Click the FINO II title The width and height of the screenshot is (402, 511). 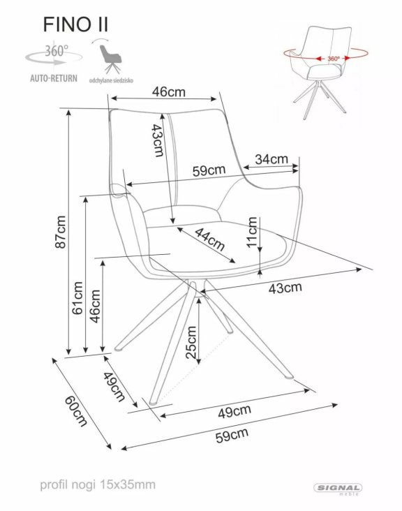[x=75, y=24]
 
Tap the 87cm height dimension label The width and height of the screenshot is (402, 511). [x=61, y=232]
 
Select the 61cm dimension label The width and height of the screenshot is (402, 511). [x=78, y=298]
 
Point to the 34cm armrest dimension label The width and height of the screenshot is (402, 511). [x=271, y=159]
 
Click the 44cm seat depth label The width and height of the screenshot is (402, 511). [x=210, y=239]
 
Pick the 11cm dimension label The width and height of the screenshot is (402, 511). [x=252, y=232]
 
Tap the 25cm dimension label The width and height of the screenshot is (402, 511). [x=191, y=343]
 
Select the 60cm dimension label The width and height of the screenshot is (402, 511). [x=76, y=411]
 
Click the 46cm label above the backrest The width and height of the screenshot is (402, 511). [x=168, y=91]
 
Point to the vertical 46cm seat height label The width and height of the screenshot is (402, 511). [x=95, y=306]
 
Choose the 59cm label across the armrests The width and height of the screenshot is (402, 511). [x=209, y=170]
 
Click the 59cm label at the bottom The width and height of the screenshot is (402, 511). [x=232, y=435]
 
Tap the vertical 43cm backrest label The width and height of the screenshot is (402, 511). [x=157, y=140]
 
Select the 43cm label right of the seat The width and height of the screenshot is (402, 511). [x=285, y=288]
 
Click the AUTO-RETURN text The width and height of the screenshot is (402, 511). [x=54, y=79]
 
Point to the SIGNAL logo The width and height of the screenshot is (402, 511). [x=338, y=488]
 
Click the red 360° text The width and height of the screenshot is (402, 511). [x=334, y=59]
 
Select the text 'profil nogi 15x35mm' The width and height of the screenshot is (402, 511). [x=98, y=484]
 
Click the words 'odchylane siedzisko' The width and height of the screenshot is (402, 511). [x=111, y=80]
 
